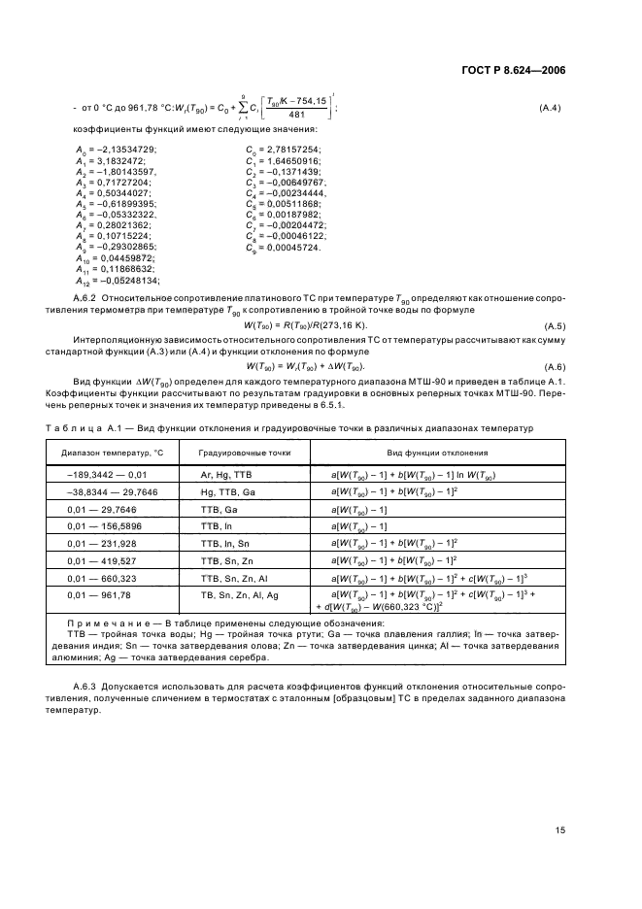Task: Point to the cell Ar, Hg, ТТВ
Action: pyautogui.click(x=226, y=476)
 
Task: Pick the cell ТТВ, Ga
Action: pyautogui.click(x=219, y=509)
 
